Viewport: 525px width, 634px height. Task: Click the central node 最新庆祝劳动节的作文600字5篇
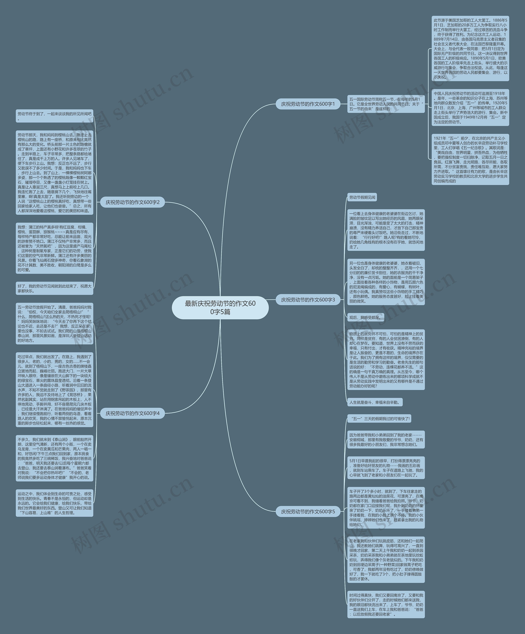pos(220,308)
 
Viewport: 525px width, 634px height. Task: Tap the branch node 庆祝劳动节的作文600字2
pos(132,202)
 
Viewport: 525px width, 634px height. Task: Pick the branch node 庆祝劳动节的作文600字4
pos(132,413)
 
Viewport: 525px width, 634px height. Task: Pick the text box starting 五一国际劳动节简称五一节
pos(386,104)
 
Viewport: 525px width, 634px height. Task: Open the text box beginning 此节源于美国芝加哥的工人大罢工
pos(470,48)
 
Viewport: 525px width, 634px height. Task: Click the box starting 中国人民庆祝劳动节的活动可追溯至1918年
pos(470,107)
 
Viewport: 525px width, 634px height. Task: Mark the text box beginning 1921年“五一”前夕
pos(470,159)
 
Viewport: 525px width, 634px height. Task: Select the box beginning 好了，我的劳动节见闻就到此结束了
pos(54,288)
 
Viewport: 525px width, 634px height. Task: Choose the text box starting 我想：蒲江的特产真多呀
pos(54,248)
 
